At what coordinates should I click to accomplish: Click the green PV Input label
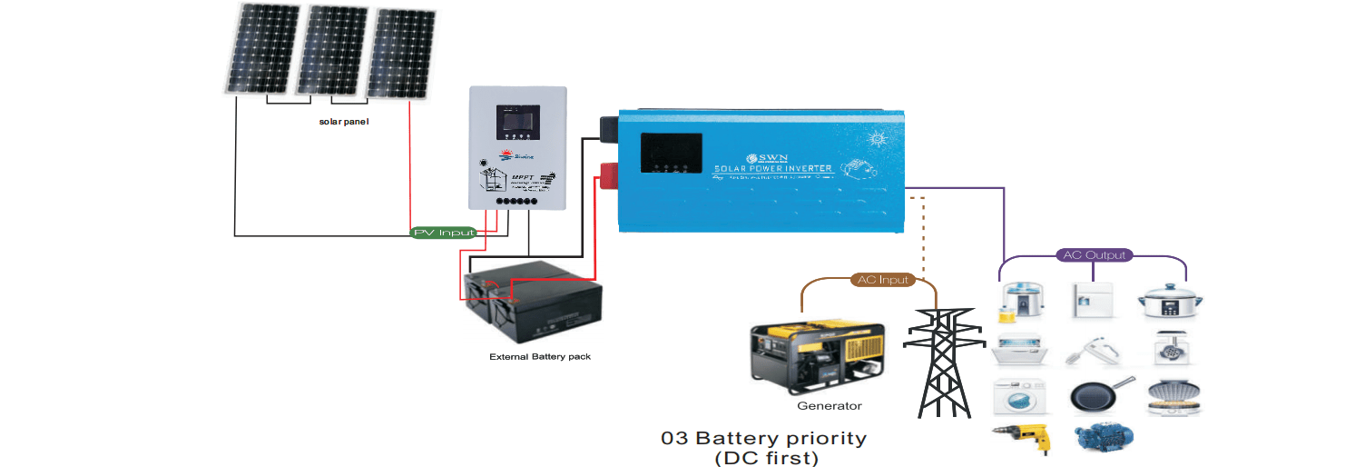click(x=444, y=233)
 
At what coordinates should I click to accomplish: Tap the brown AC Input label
click(x=883, y=280)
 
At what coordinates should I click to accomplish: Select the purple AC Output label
click(x=1094, y=255)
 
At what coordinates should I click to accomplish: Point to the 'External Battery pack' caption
click(x=540, y=357)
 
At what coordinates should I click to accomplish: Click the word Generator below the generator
click(x=829, y=406)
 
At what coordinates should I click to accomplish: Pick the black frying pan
click(x=1099, y=395)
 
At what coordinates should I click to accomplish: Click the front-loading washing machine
click(x=1019, y=396)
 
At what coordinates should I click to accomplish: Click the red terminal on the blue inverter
click(x=606, y=171)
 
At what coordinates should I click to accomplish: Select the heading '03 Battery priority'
click(x=763, y=438)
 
